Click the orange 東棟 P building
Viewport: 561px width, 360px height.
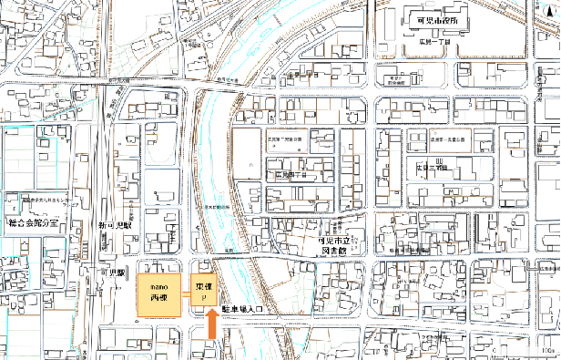[x=205, y=288]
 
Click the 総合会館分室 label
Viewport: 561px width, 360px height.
[x=32, y=221]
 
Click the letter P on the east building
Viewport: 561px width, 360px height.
[x=205, y=296]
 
